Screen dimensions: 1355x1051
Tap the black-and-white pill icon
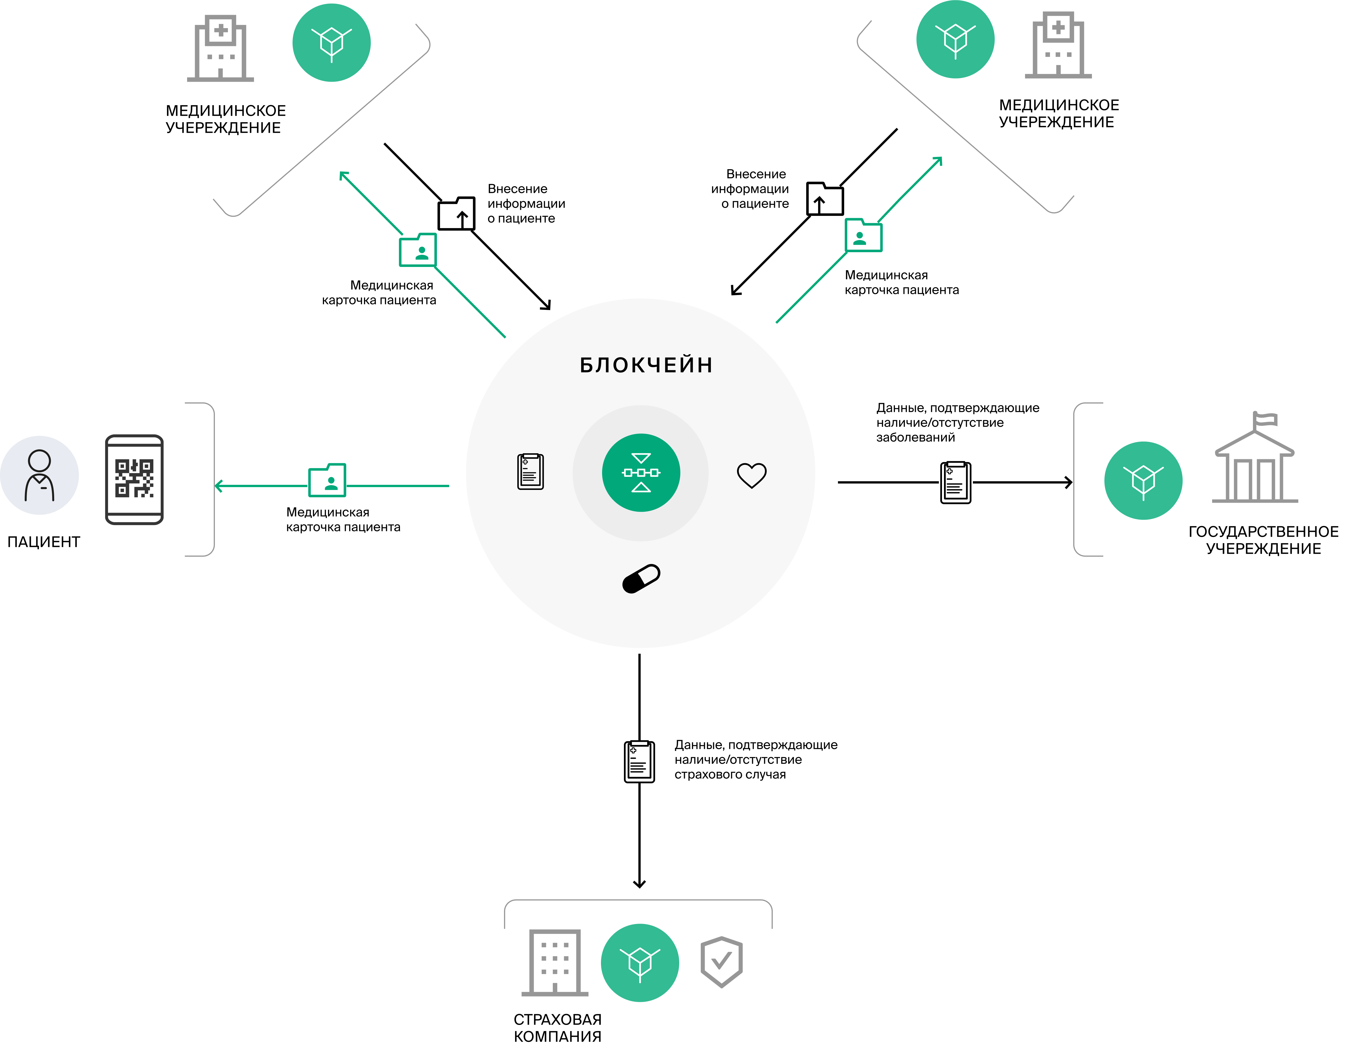pos(641,579)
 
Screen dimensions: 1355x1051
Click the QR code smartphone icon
pos(134,479)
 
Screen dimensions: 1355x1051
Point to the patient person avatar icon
pos(39,475)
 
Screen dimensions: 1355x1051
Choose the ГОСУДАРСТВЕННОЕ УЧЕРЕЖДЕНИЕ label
pos(1263,540)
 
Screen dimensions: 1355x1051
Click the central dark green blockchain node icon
pos(641,472)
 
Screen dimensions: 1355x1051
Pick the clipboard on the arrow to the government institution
pos(956,482)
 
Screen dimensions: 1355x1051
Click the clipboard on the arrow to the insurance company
pos(639,761)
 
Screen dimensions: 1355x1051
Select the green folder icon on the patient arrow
pos(327,480)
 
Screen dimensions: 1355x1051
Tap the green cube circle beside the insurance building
pos(640,962)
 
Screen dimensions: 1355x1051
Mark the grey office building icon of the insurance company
pos(555,962)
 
